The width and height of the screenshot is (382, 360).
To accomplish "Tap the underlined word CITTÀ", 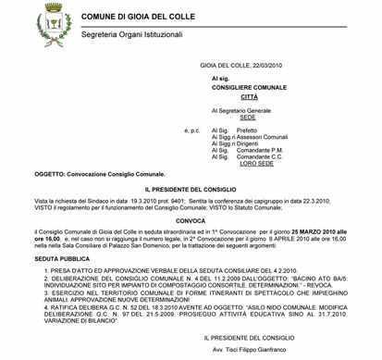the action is pyautogui.click(x=249, y=96).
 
